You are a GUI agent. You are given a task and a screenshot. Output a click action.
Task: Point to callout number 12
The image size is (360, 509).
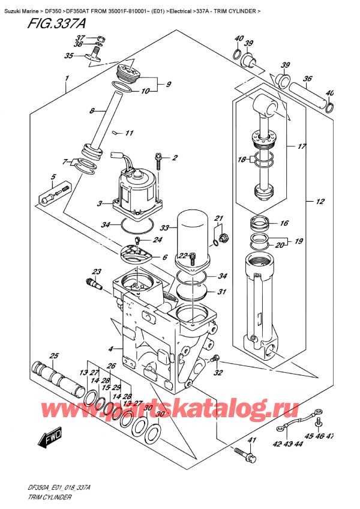pos(313,202)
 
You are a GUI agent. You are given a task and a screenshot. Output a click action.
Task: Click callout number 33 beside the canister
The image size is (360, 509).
pos(165,227)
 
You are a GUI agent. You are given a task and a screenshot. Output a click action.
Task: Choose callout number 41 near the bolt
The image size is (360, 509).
pos(251,441)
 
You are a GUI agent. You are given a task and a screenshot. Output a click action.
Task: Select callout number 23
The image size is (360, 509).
pos(97,271)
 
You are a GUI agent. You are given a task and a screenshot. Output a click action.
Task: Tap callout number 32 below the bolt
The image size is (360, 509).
pos(218,373)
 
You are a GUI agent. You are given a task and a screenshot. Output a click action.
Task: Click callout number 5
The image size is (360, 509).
pos(53,177)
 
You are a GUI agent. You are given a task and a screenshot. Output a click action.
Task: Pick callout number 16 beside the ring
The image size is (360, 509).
pos(283,223)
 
